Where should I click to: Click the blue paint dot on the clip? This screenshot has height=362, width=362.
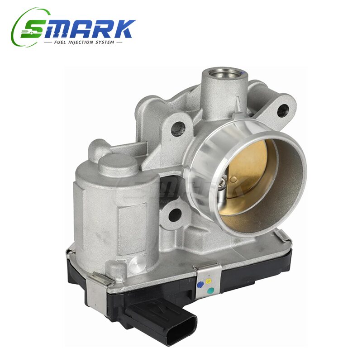[200, 285]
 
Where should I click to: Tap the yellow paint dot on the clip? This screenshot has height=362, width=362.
[208, 281]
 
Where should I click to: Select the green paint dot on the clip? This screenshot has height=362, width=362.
[210, 290]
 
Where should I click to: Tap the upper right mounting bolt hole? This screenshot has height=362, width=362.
[283, 110]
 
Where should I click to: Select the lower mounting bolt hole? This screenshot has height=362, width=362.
[175, 214]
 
